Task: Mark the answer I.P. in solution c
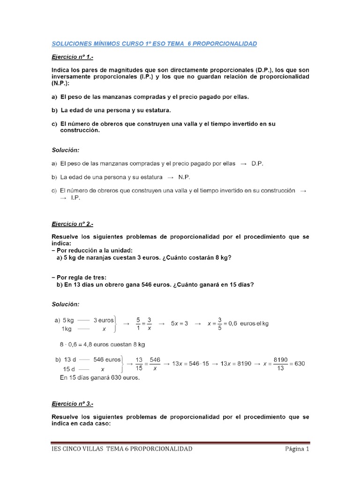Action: click(x=75, y=198)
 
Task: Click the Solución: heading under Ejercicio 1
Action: click(x=66, y=150)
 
